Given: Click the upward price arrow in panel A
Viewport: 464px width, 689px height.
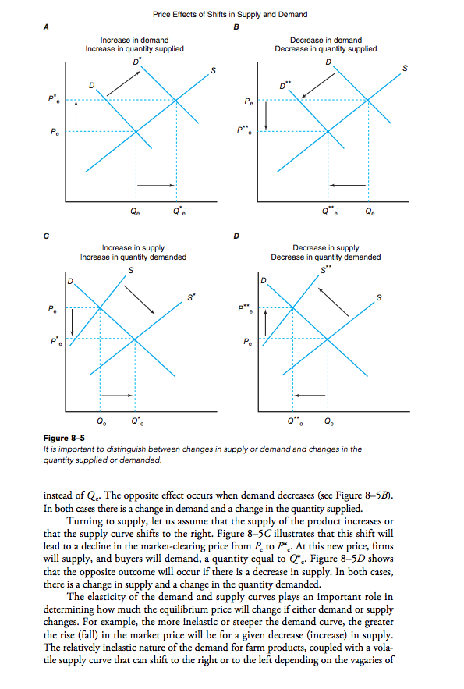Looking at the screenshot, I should tap(76, 115).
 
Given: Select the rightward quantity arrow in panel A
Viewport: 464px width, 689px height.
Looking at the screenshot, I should tap(161, 185).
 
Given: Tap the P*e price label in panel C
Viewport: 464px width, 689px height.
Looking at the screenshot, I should tap(54, 341).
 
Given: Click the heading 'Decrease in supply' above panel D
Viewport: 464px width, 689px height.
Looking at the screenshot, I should tap(326, 247).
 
